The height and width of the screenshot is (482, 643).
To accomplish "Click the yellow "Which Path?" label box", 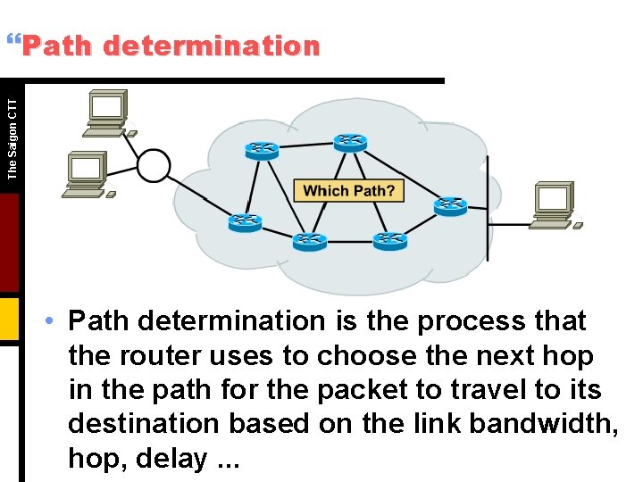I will pos(348,190).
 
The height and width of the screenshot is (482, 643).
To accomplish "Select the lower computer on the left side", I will pos(86,174).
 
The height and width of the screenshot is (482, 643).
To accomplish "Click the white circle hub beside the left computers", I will pos(154,165).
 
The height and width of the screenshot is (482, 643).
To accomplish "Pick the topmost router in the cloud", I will pos(350,141).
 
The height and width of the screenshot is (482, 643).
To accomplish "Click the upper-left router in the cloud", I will pos(263,149).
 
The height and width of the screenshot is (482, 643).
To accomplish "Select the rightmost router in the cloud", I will pos(450,205).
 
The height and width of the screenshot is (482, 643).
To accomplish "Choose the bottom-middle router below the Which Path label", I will pos(309,239).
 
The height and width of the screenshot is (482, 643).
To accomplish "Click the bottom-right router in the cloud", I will pos(389,239).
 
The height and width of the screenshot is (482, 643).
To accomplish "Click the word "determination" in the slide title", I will pos(211,46).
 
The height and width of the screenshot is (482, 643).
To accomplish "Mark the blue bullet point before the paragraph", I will pos(54,320).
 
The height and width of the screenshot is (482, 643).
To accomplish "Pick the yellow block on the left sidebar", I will pos(9,319).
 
